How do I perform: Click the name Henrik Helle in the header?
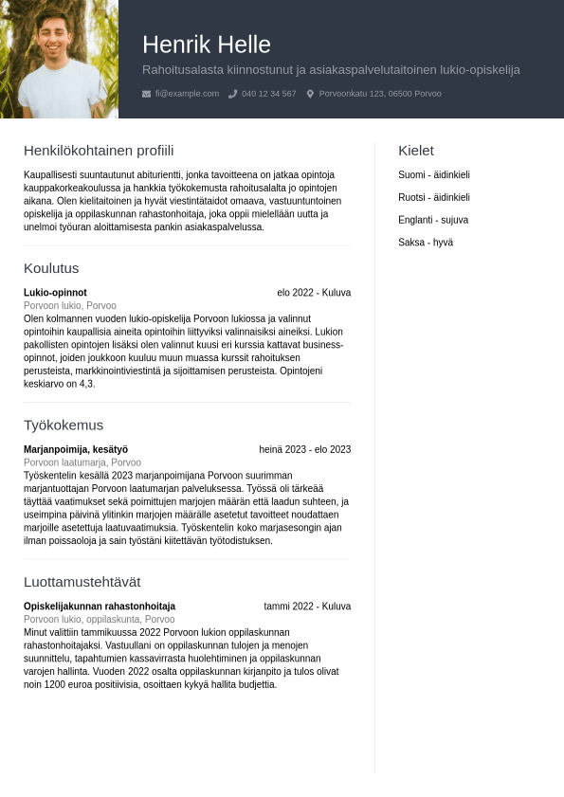(207, 45)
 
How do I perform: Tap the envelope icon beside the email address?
(146, 94)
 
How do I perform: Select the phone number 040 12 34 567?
(268, 94)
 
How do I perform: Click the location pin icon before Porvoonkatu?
(310, 94)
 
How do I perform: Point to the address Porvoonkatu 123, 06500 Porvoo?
(380, 94)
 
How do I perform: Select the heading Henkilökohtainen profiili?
(99, 151)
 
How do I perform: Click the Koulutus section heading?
(51, 268)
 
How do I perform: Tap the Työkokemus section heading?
(64, 425)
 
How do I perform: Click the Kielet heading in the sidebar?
(416, 151)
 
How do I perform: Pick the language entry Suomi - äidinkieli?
(434, 175)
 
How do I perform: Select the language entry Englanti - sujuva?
(433, 220)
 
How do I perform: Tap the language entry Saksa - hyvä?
(426, 243)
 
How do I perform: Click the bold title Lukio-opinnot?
(55, 293)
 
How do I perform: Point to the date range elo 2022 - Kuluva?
(314, 293)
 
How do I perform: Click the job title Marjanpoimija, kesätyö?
(76, 449)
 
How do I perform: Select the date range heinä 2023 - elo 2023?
(305, 449)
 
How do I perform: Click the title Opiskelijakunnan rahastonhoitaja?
(100, 607)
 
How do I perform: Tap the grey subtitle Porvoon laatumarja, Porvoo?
(82, 462)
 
